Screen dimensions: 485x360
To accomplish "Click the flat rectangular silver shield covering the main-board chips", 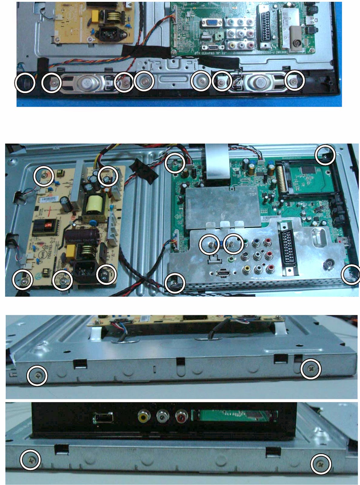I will pos(222,207).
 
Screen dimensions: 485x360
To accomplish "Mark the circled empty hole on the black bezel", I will pos(25,82).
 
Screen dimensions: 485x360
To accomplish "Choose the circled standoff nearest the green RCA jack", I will pos(233,244).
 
